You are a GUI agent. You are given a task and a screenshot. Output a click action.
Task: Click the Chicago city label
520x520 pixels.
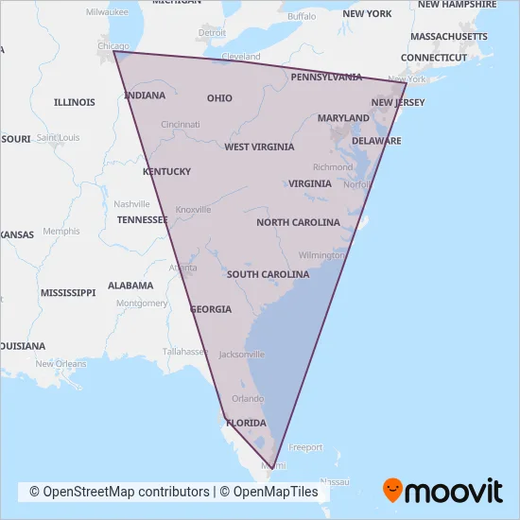click(114, 45)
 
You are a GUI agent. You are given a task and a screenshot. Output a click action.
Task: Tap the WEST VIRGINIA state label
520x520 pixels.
click(258, 147)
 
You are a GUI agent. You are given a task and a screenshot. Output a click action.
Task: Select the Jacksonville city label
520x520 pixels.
click(241, 355)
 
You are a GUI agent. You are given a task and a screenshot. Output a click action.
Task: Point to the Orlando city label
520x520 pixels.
click(248, 398)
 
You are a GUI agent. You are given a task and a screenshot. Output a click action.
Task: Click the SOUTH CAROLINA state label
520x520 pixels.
click(268, 274)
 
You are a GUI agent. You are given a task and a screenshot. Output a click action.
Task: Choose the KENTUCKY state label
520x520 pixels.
click(166, 171)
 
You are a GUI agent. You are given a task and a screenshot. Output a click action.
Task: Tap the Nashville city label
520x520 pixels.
click(131, 204)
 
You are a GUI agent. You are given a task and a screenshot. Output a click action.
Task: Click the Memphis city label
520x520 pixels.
click(61, 231)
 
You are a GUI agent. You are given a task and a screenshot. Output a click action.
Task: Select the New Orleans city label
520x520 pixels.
click(61, 364)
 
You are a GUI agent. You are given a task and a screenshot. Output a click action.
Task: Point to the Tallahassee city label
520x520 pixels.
click(184, 351)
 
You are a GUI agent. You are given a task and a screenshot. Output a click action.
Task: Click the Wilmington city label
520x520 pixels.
click(321, 255)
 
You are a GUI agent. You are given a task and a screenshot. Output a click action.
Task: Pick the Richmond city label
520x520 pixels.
click(333, 167)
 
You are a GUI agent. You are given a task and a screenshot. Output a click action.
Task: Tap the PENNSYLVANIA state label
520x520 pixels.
click(326, 77)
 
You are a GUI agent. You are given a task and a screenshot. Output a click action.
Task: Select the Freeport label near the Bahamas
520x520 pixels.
click(305, 447)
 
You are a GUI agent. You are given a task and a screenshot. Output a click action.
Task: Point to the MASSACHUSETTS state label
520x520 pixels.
click(448, 36)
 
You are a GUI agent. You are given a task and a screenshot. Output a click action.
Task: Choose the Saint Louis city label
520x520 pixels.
click(58, 137)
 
